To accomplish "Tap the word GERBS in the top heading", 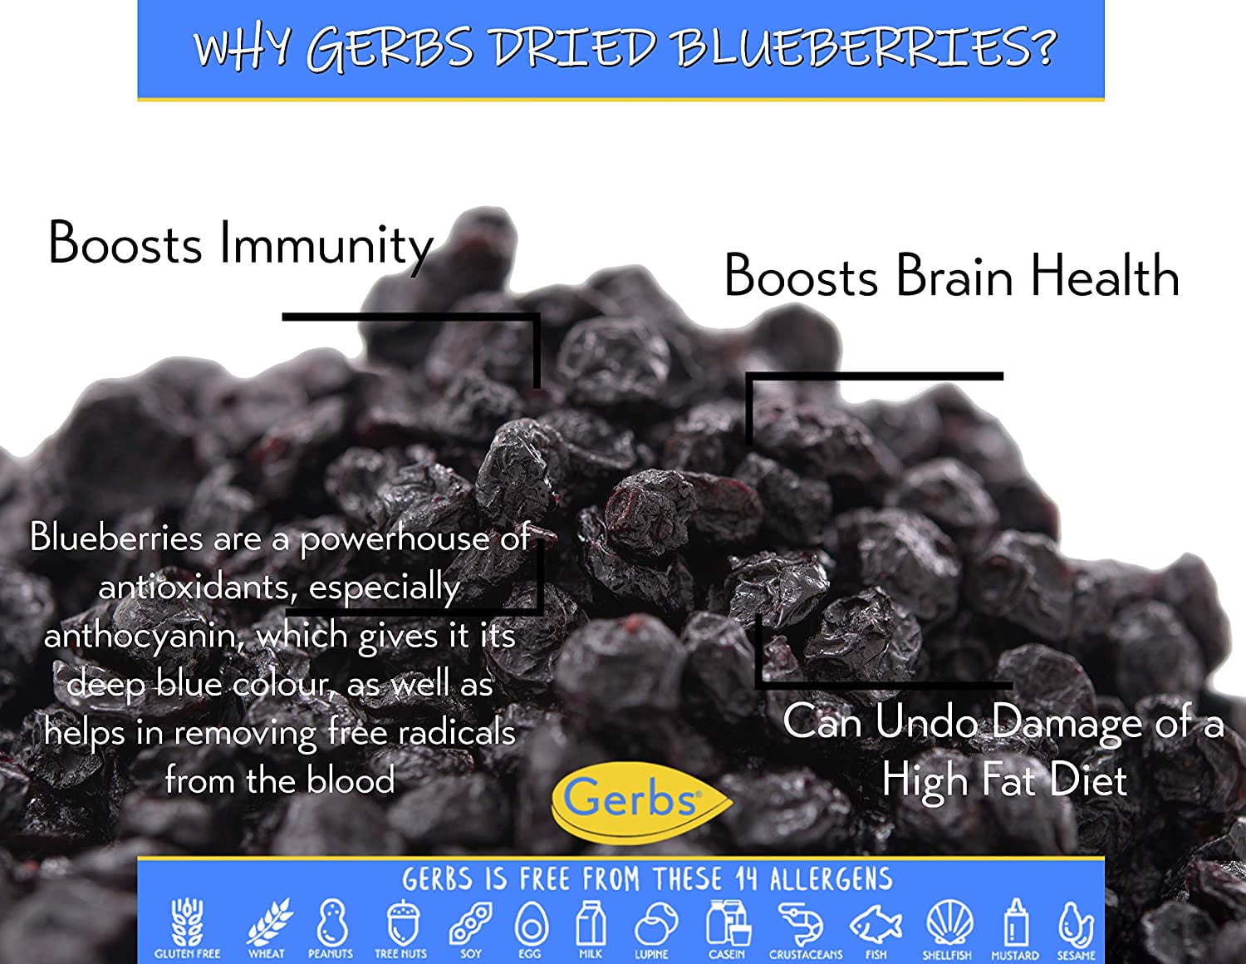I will click(389, 47).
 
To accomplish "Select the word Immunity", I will click(326, 244).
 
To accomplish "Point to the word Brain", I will click(954, 276).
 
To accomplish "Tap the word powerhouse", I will click(395, 539).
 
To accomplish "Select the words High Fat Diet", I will click(1004, 780).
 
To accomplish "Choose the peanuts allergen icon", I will click(331, 922).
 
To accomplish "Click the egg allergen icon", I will click(530, 922).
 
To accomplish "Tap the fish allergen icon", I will click(876, 924).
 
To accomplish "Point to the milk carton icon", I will click(591, 922).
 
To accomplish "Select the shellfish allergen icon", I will click(947, 922).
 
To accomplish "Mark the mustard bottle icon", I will click(1015, 922).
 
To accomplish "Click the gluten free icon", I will click(187, 922).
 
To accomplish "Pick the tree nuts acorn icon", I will click(401, 922).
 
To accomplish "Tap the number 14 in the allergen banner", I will click(746, 879).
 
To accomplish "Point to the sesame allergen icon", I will click(1075, 922).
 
